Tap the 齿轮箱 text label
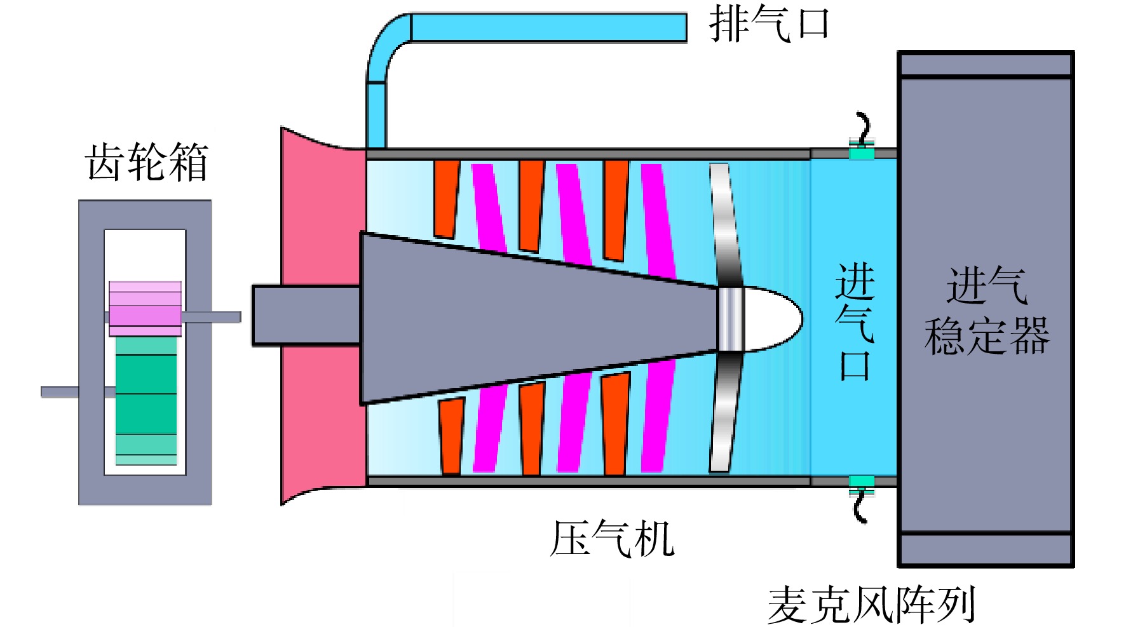[x=147, y=162]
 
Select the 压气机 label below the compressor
[x=611, y=539]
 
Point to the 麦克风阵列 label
[x=871, y=605]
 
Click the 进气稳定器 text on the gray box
[x=986, y=311]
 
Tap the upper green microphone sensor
[x=862, y=153]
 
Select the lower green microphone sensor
[x=862, y=481]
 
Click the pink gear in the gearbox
[x=146, y=308]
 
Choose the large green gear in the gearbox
[x=146, y=400]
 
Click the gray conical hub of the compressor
[x=508, y=318]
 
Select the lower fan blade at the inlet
[x=724, y=413]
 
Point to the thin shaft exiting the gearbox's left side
[x=60, y=392]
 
